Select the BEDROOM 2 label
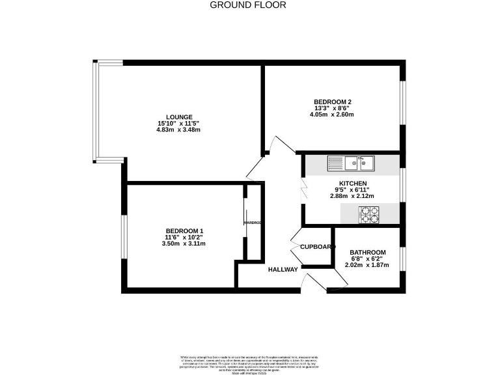[x=332, y=101]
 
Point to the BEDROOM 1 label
[x=184, y=231]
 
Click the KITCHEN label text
[x=352, y=184]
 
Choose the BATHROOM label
[x=367, y=253]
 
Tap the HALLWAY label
[x=283, y=269]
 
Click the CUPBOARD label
[x=316, y=247]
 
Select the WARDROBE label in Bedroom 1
[x=253, y=223]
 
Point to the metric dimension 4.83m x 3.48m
[x=178, y=130]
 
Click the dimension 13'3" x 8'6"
[x=332, y=108]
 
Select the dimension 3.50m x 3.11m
[x=184, y=244]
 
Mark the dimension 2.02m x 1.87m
[x=367, y=265]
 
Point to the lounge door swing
[x=256, y=169]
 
